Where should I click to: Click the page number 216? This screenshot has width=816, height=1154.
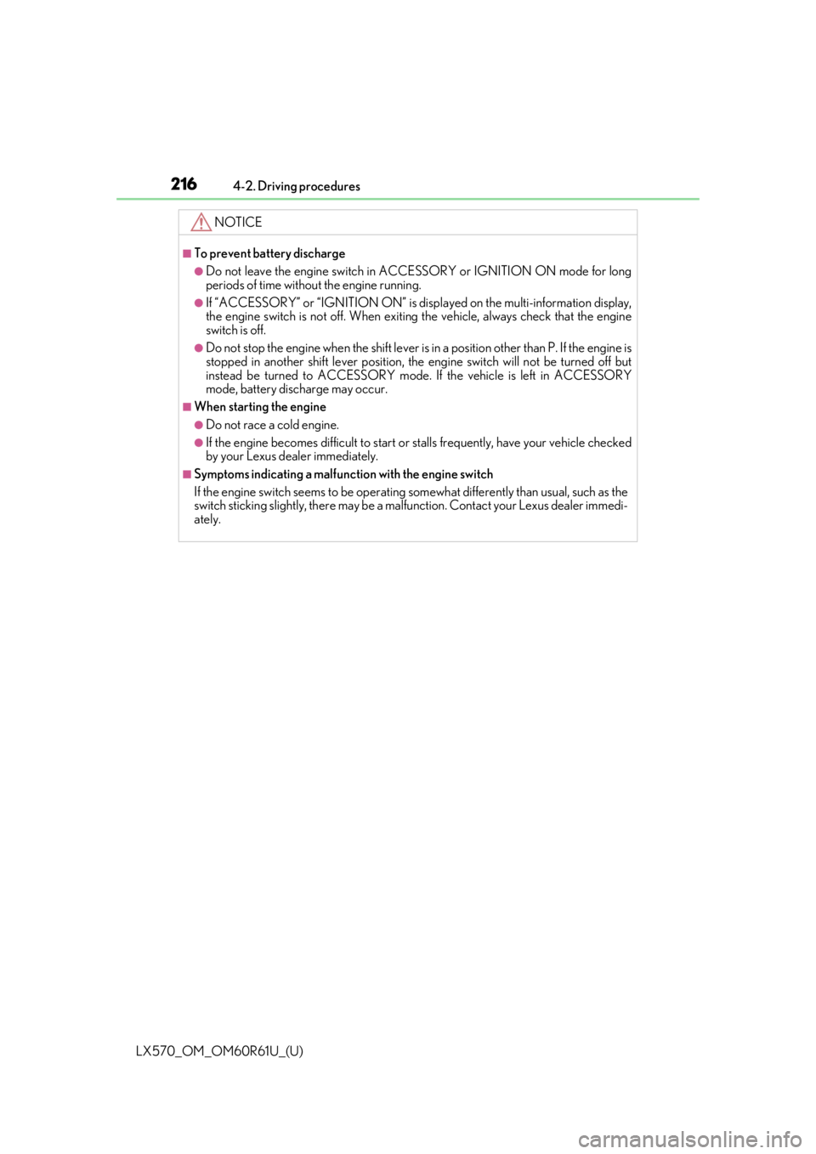point(184,184)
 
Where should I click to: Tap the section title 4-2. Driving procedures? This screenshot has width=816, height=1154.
point(296,186)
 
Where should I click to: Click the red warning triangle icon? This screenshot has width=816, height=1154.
point(201,222)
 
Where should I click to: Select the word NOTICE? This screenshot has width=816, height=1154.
point(238,222)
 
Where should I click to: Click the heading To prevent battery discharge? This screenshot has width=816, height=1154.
point(269,253)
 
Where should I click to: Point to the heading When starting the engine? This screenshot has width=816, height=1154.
point(260,407)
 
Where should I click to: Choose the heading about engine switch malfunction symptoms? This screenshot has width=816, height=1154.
point(343,474)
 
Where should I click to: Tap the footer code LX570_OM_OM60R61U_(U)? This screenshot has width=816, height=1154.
point(220,1051)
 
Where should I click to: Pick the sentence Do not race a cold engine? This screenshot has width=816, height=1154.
point(273,425)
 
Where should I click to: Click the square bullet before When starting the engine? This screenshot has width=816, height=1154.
point(187,407)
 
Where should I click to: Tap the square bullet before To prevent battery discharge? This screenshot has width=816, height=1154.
point(187,253)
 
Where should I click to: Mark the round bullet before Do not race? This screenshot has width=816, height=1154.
point(199,425)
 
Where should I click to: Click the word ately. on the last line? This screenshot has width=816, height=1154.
point(207,520)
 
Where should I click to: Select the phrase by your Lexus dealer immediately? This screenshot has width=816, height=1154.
point(292,456)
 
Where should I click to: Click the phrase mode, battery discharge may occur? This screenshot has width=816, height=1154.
point(297,389)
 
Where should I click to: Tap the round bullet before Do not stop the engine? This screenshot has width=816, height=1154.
point(199,348)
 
